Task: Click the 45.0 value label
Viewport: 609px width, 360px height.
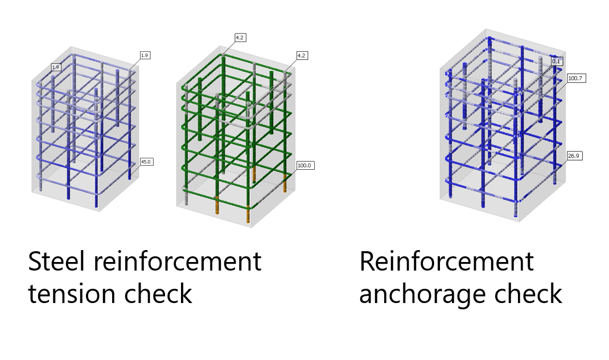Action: tap(146, 162)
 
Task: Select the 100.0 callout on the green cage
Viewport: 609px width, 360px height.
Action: tap(305, 165)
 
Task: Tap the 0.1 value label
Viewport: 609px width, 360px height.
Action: tap(556, 61)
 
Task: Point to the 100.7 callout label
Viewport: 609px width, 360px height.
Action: tap(575, 77)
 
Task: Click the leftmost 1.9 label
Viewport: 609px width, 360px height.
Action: tap(55, 67)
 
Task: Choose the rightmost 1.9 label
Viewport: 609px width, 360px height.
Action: tap(145, 55)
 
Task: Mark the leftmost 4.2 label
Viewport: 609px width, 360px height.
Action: tap(240, 38)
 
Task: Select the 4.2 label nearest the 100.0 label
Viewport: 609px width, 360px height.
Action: tap(302, 55)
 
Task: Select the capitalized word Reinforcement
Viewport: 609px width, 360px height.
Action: tap(446, 261)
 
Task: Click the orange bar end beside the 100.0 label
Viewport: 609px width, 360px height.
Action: tap(285, 183)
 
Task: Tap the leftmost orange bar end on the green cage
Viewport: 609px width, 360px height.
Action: tap(217, 205)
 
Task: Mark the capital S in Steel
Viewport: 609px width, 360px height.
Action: tap(35, 261)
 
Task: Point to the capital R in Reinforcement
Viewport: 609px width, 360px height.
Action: tap(367, 261)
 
